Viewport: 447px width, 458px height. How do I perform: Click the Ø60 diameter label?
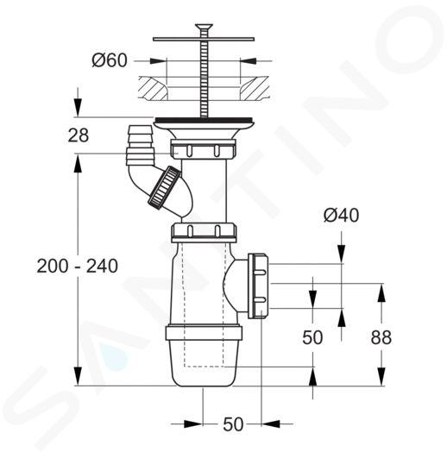110,60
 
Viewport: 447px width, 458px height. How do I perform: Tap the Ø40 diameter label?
341,216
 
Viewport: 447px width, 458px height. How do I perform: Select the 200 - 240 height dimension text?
77,267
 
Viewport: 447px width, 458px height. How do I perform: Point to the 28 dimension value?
78,135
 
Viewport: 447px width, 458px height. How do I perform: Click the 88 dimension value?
381,337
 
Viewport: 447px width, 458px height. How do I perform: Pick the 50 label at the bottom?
233,424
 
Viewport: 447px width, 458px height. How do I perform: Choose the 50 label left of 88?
312,337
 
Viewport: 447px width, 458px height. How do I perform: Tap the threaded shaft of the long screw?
204,77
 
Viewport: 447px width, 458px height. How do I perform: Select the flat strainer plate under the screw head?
204,39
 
